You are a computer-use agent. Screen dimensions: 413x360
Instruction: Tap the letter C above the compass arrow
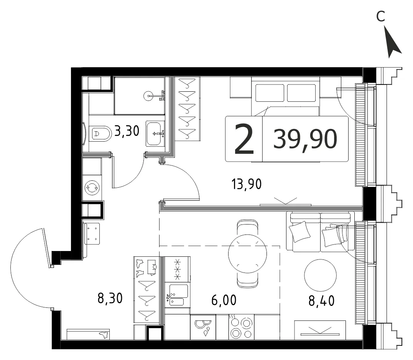pyautogui.click(x=381, y=17)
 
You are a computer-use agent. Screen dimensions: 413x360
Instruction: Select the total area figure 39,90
pyautogui.click(x=305, y=139)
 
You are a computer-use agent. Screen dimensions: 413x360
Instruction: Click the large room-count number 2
pyautogui.click(x=244, y=139)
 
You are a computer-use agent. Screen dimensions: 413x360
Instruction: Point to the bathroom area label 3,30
pyautogui.click(x=127, y=131)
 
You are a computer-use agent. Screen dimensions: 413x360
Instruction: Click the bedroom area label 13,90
pyautogui.click(x=247, y=184)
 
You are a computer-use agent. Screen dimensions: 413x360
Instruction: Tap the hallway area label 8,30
pyautogui.click(x=110, y=298)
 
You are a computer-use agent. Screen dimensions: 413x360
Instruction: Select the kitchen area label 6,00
pyautogui.click(x=224, y=300)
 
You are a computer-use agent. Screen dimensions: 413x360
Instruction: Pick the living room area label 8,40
pyautogui.click(x=321, y=301)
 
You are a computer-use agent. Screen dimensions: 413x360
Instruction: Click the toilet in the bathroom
pyautogui.click(x=100, y=133)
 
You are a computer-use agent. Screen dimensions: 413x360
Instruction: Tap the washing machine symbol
pyautogui.click(x=92, y=188)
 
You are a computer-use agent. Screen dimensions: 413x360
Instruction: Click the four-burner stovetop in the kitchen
pyautogui.click(x=241, y=327)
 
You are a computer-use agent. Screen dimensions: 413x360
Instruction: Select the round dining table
pyautogui.click(x=247, y=254)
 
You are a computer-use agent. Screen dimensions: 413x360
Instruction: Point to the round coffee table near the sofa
pyautogui.click(x=320, y=275)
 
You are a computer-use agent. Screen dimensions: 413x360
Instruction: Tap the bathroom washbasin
pyautogui.click(x=155, y=134)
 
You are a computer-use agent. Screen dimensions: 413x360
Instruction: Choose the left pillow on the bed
pyautogui.click(x=270, y=93)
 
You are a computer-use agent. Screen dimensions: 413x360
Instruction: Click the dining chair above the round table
pyautogui.click(x=247, y=227)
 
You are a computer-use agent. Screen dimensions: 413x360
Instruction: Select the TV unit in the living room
pyautogui.click(x=320, y=330)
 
